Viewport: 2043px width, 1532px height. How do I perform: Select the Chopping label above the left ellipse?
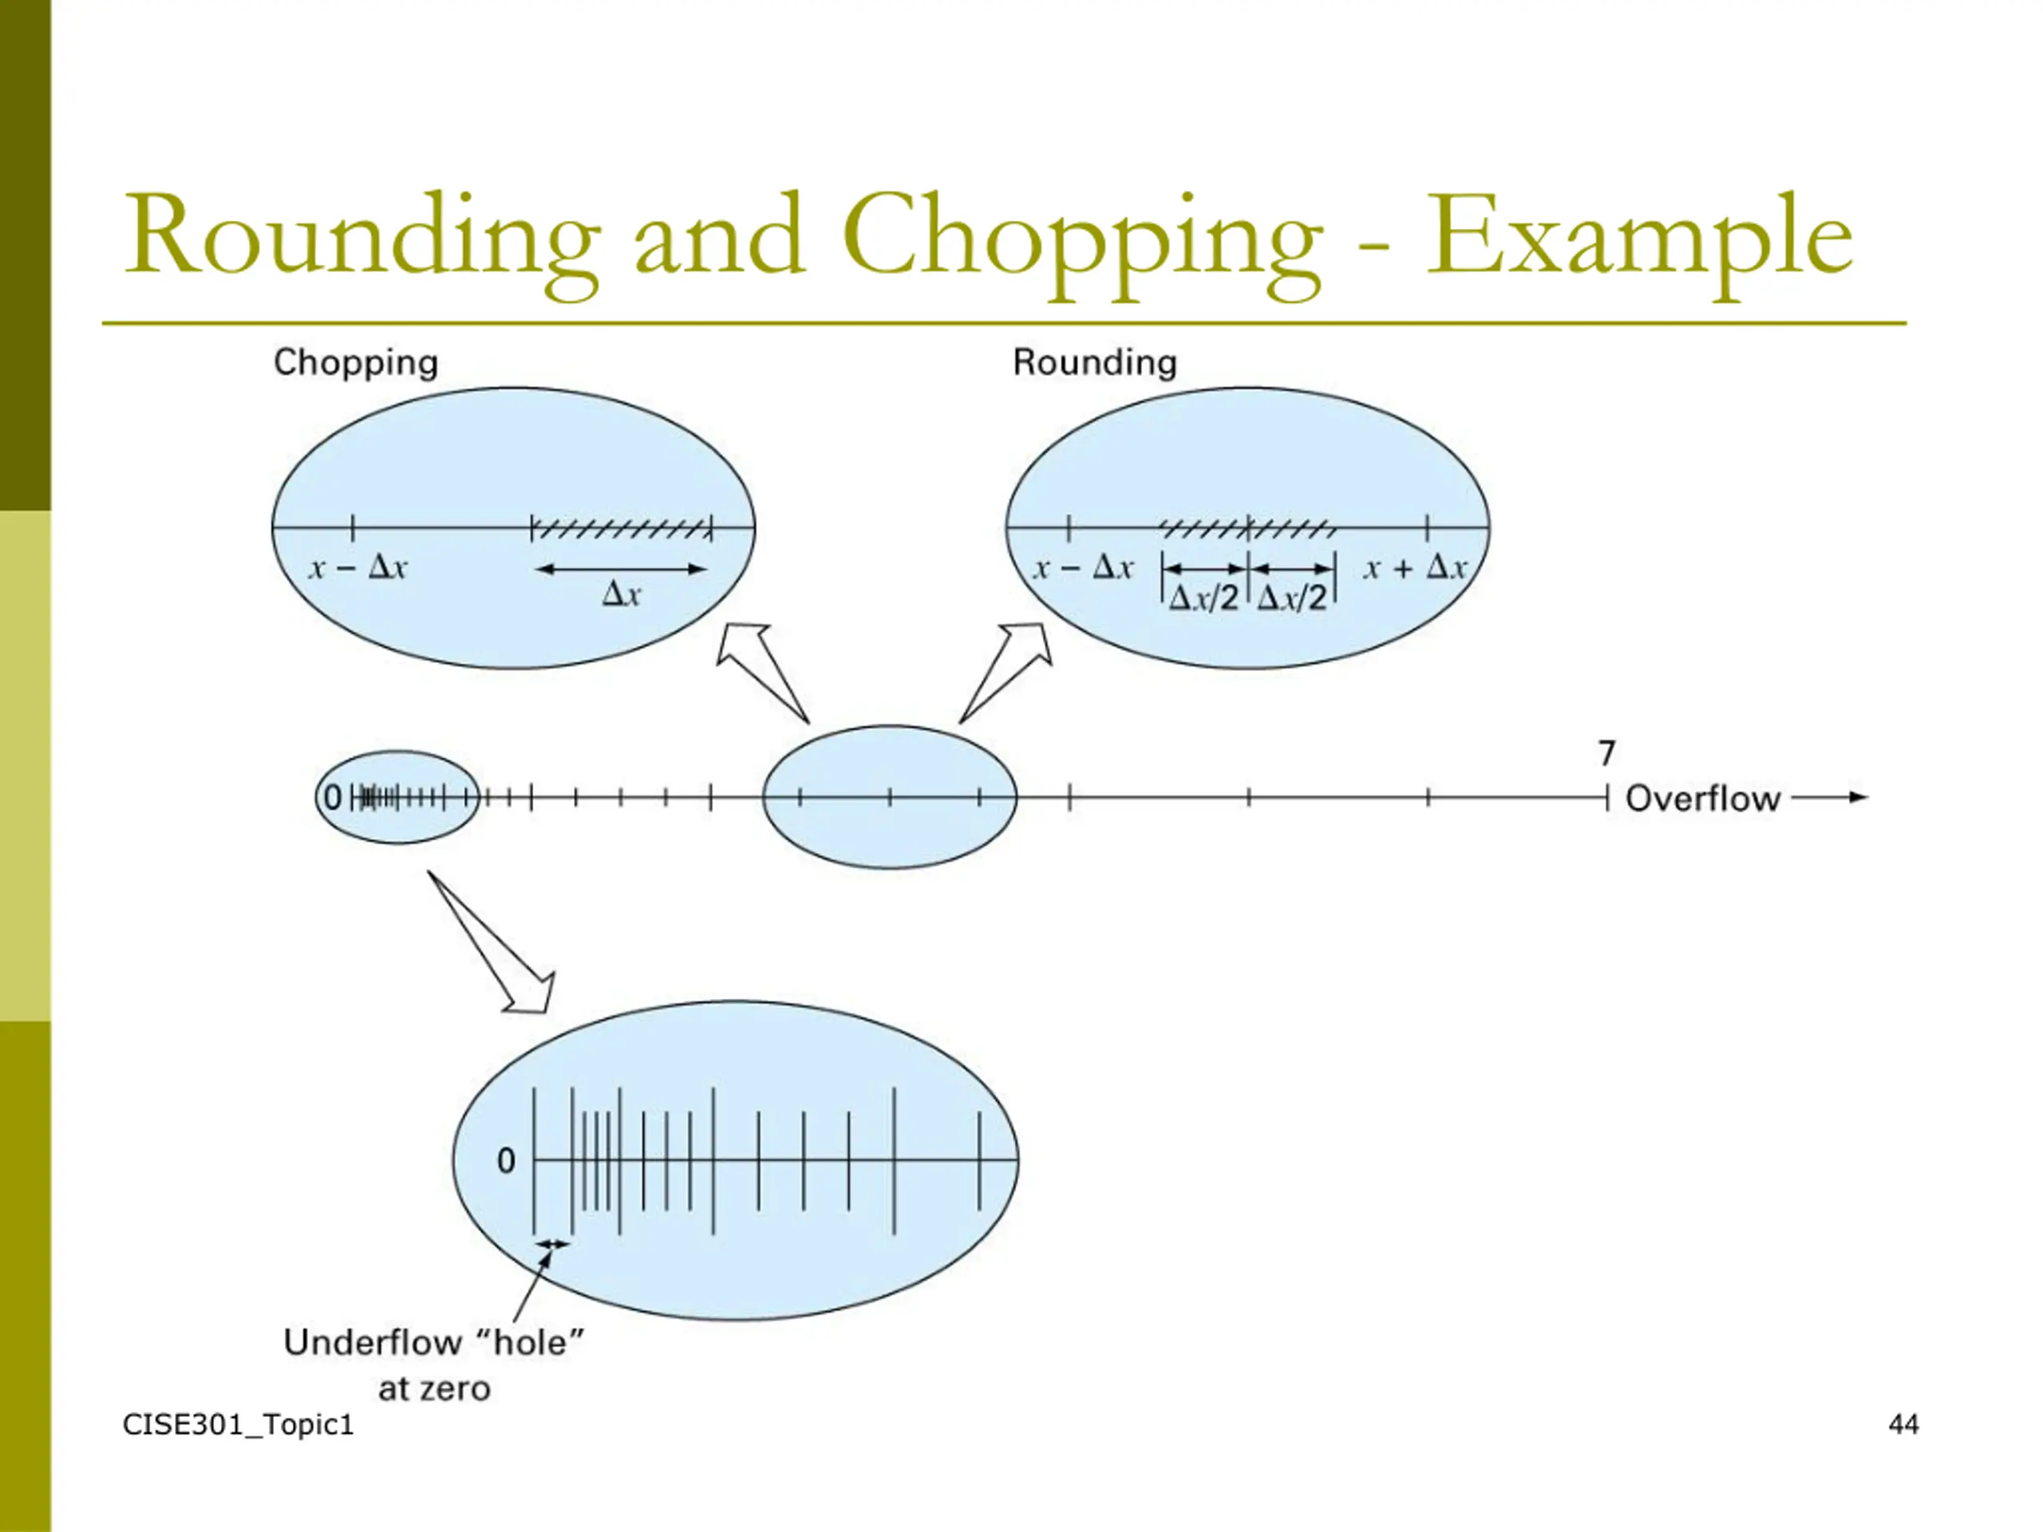(356, 362)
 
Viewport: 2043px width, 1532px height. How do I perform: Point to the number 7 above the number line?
(1607, 753)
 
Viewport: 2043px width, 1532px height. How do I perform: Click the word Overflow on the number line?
(1702, 799)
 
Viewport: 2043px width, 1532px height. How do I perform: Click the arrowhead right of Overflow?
(1856, 797)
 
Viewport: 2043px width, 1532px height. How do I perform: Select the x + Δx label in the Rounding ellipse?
(1414, 568)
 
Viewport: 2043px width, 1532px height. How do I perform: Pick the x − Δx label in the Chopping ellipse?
(358, 567)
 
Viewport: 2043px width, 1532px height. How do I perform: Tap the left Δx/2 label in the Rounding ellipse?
(1203, 598)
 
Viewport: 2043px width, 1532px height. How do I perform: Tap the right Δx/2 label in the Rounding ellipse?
(1292, 598)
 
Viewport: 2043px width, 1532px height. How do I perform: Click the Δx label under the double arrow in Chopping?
(621, 594)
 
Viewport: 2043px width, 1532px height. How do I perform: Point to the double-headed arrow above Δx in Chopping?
(621, 569)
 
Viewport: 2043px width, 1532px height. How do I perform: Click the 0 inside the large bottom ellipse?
(506, 1161)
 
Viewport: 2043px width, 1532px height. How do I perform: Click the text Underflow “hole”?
(434, 1343)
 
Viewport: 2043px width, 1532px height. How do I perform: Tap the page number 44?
(1903, 1425)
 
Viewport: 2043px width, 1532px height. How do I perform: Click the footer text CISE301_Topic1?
(239, 1425)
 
